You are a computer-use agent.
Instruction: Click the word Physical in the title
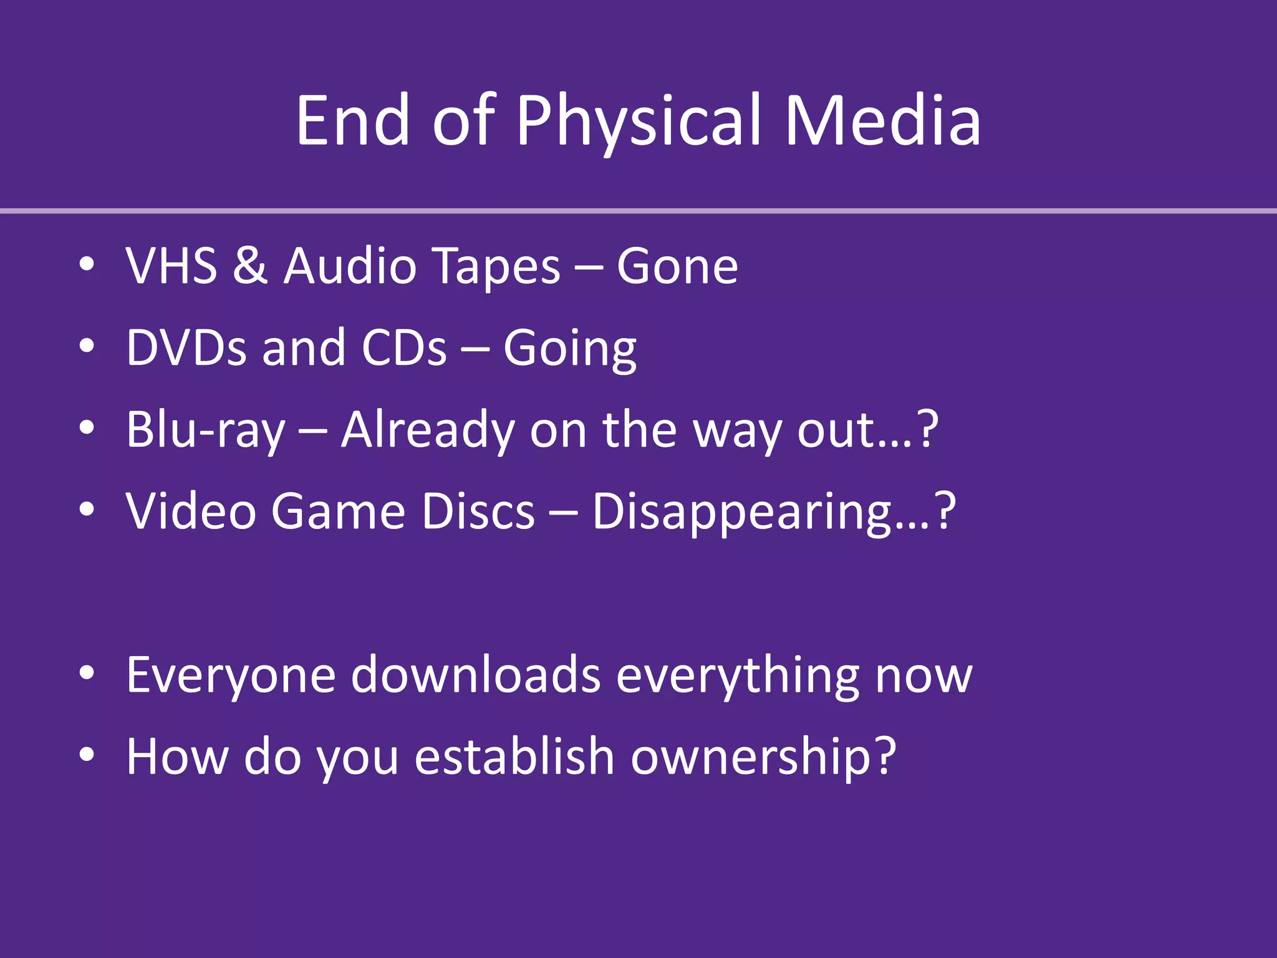click(638, 122)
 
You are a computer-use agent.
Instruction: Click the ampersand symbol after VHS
click(250, 266)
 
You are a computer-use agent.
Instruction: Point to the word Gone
click(677, 266)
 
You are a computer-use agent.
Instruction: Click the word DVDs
click(186, 348)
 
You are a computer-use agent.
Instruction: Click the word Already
click(428, 430)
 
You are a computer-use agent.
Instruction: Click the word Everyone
click(231, 675)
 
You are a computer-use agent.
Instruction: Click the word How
click(177, 757)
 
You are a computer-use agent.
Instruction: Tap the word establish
click(515, 757)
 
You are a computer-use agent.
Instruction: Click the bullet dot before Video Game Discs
click(87, 510)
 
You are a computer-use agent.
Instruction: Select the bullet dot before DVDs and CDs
click(87, 346)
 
